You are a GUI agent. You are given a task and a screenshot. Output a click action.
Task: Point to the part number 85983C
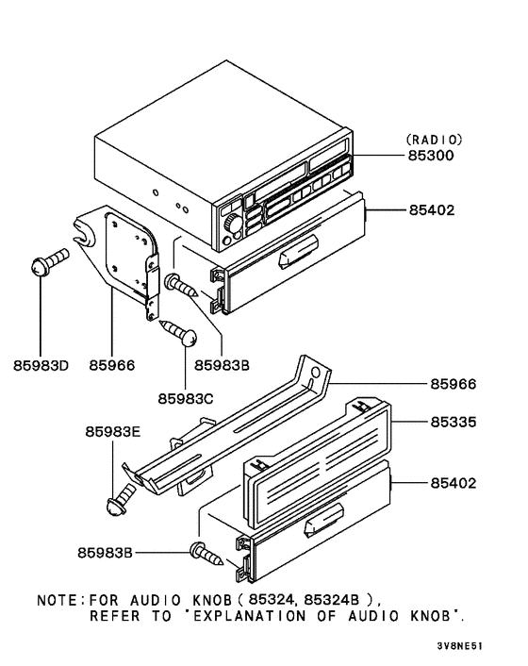click(x=186, y=398)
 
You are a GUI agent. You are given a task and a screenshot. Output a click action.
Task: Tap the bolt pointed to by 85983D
click(x=47, y=262)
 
